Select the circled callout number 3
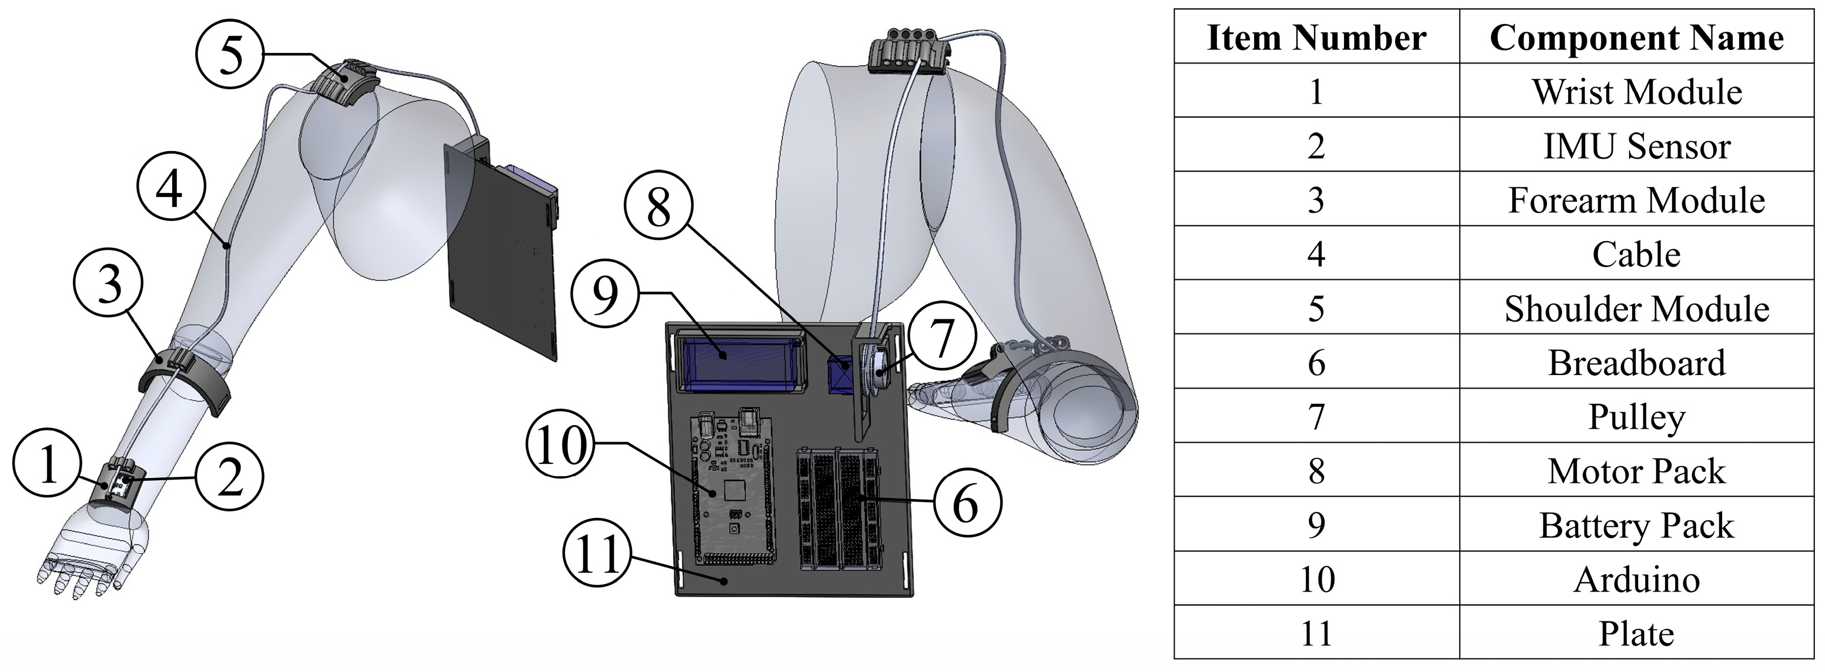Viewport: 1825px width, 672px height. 108,284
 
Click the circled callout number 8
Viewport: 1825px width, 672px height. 658,208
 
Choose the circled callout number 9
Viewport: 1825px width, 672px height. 605,294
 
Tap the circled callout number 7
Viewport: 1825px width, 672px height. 941,339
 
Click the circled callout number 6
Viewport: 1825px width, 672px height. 967,503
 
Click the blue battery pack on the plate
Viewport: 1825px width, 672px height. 740,362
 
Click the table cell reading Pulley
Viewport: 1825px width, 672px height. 1636,416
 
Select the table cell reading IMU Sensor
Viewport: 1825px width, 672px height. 1636,145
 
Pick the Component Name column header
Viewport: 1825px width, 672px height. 1636,37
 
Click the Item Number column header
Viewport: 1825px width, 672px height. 1316,37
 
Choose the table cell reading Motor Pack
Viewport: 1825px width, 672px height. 1636,470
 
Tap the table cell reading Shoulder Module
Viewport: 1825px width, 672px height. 1636,308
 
